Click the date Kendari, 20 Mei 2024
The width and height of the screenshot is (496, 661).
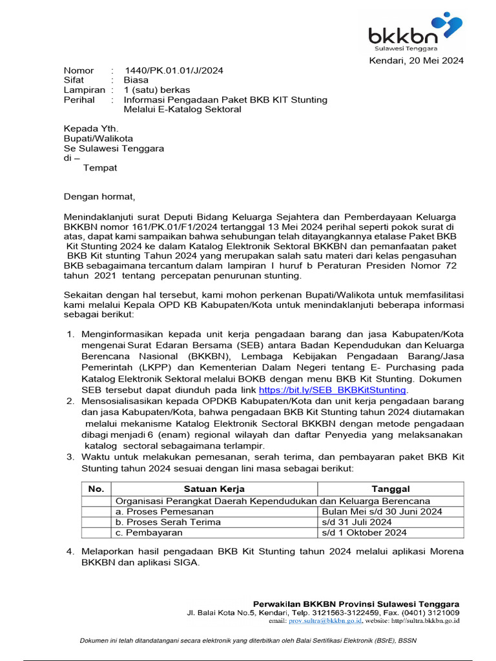tap(415, 61)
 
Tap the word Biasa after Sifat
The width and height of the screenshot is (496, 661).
tap(136, 80)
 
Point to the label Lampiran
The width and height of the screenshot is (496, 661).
tap(84, 90)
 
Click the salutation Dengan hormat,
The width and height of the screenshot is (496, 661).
tap(100, 196)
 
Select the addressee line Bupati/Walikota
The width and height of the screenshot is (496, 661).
tap(98, 138)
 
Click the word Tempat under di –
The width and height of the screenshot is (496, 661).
tap(101, 168)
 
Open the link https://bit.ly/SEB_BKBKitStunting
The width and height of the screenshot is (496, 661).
tap(332, 390)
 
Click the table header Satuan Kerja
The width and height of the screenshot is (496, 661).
tap(214, 489)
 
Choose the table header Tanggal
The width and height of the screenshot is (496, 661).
tap(390, 489)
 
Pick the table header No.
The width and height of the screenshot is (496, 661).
tap(96, 489)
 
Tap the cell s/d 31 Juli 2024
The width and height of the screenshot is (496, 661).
tap(356, 522)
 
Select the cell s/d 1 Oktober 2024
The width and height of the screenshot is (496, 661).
tap(364, 533)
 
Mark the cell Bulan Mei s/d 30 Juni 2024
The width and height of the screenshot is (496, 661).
tap(382, 511)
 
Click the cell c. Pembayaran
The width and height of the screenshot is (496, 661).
tap(149, 533)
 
